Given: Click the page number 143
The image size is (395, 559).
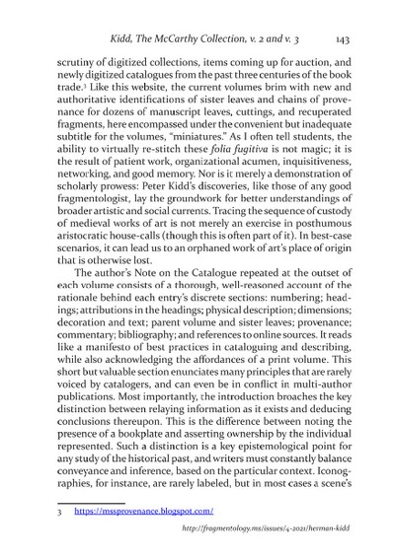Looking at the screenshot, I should click(346, 40).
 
